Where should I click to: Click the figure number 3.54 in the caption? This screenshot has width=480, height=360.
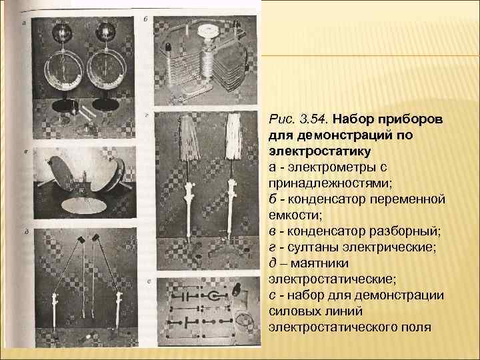click(x=314, y=119)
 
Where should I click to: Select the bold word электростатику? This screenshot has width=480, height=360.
click(x=319, y=151)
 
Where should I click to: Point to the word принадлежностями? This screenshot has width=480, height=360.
click(x=330, y=183)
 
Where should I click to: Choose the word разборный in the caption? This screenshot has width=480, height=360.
click(x=404, y=231)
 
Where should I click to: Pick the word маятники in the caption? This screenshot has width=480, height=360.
click(x=319, y=263)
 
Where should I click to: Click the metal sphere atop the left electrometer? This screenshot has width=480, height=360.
click(x=62, y=32)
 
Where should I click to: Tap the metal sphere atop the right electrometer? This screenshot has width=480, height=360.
click(x=105, y=31)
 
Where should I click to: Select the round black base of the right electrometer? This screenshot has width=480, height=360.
click(x=105, y=104)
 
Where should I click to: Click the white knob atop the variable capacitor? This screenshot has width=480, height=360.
click(x=209, y=31)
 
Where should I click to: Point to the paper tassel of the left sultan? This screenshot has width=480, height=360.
click(x=190, y=137)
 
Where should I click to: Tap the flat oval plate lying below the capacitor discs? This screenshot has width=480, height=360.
click(x=84, y=205)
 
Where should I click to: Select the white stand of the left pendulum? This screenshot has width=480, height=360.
click(x=55, y=310)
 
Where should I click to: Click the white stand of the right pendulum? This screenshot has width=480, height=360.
click(x=119, y=309)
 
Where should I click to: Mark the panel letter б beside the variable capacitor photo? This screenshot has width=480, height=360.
click(x=146, y=19)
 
